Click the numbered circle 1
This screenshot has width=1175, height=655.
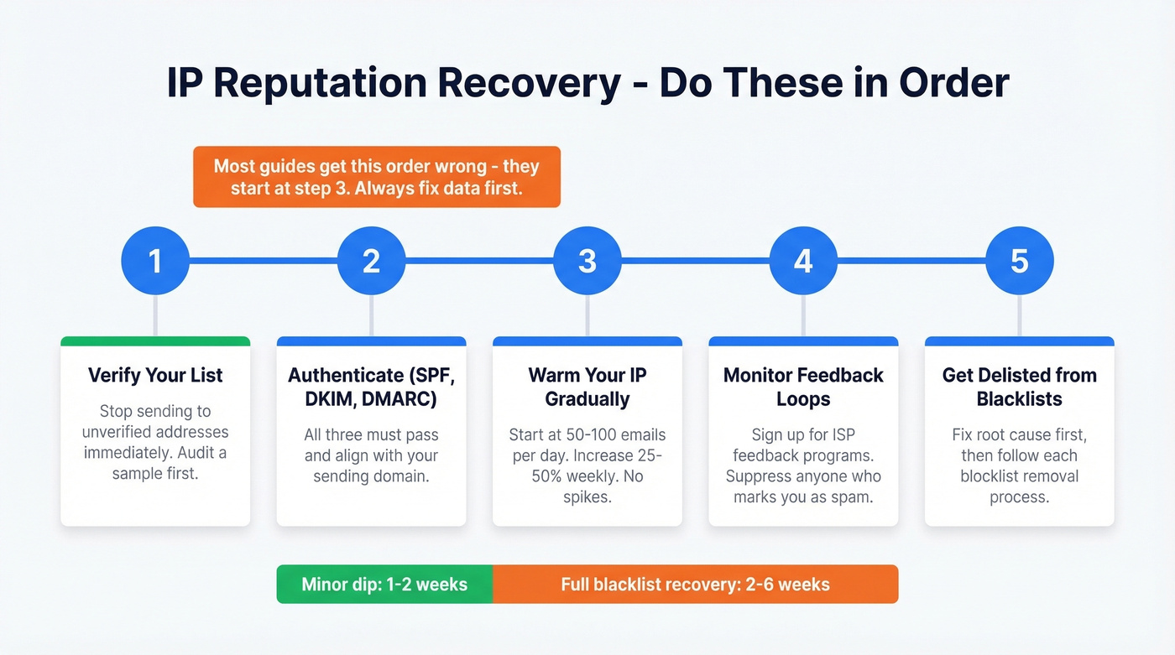click(x=155, y=261)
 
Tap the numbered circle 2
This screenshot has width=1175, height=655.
click(x=371, y=261)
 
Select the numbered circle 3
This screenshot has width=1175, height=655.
click(x=587, y=261)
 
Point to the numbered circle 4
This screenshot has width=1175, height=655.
click(x=803, y=261)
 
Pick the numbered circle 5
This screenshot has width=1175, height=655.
click(x=1019, y=261)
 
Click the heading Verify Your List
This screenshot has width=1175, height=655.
click(x=155, y=375)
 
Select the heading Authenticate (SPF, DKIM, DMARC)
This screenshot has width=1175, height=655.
click(x=371, y=387)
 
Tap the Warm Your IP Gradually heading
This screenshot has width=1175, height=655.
click(x=587, y=387)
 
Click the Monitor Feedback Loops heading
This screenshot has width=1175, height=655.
click(x=803, y=387)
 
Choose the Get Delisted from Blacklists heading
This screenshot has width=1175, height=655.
click(x=1019, y=387)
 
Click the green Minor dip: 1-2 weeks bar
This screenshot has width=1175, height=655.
click(x=384, y=584)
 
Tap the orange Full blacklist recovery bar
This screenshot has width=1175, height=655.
click(x=695, y=584)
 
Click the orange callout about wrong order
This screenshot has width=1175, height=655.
click(x=376, y=177)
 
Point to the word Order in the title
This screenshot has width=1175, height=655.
click(x=953, y=84)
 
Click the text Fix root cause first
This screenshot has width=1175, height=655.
click(x=1019, y=435)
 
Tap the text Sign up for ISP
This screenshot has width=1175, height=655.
click(x=803, y=435)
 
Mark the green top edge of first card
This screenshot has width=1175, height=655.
click(x=155, y=341)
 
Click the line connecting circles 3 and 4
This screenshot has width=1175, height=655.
click(x=695, y=261)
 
